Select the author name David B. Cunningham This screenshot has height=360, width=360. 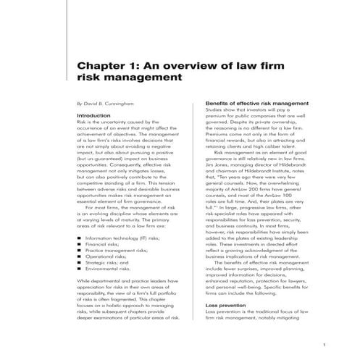tap(115, 105)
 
